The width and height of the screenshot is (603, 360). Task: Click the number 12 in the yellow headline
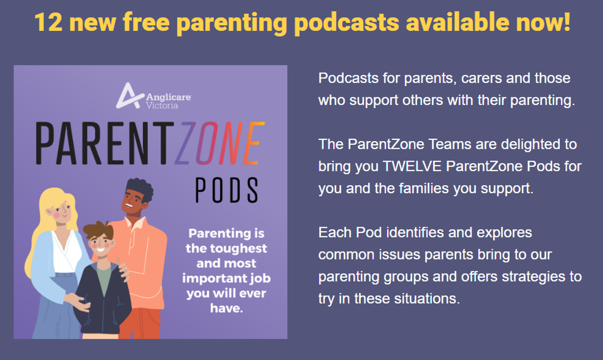tap(49, 22)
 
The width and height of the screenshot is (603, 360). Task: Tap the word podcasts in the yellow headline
tap(347, 24)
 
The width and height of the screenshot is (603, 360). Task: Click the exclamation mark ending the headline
tap(566, 22)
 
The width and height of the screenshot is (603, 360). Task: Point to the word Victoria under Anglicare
tap(162, 105)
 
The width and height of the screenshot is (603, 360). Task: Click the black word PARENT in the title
tap(105, 143)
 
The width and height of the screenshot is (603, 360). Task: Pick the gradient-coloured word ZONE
tap(220, 143)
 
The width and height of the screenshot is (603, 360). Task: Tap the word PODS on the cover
tap(227, 190)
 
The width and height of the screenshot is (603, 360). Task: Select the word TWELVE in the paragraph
tap(412, 166)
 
